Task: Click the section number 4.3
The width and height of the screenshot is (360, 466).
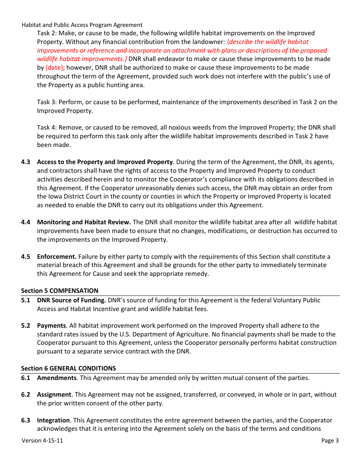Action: (x=25, y=162)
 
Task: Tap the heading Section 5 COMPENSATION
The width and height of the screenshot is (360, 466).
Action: (x=59, y=291)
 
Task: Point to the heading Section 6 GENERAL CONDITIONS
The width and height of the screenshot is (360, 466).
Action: (x=68, y=369)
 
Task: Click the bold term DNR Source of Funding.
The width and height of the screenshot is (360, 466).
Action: (x=71, y=300)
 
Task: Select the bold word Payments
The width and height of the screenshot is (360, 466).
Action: (x=51, y=326)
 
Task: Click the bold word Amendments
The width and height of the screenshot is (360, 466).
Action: (x=56, y=378)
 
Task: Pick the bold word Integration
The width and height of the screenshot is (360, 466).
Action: (x=53, y=421)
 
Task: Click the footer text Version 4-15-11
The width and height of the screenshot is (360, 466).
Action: (x=42, y=441)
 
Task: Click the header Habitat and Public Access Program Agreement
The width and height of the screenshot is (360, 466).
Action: (x=82, y=25)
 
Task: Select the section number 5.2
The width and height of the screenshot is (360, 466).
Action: (x=25, y=326)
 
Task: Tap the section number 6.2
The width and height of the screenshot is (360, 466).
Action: (x=25, y=395)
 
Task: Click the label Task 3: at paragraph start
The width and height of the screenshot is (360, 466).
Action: (x=47, y=102)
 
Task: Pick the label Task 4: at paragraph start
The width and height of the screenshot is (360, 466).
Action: (x=47, y=128)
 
